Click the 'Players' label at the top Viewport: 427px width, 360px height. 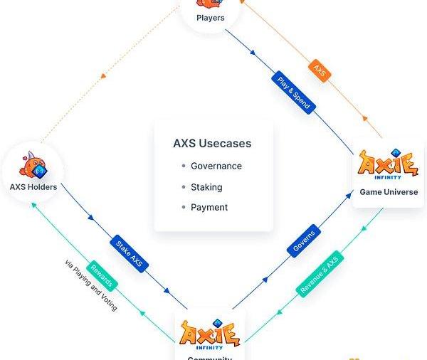click(210, 18)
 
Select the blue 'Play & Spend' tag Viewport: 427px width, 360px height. click(294, 90)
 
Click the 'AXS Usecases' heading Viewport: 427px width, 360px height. click(212, 143)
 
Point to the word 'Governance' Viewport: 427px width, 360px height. click(216, 166)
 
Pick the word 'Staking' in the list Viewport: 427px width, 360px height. click(206, 187)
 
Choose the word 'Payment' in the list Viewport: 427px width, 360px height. click(209, 207)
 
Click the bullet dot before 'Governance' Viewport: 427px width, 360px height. click(184, 166)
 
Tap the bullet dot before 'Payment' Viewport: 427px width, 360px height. click(184, 208)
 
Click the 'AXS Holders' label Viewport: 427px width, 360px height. click(33, 187)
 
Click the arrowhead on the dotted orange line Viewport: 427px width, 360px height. click(104, 74)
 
